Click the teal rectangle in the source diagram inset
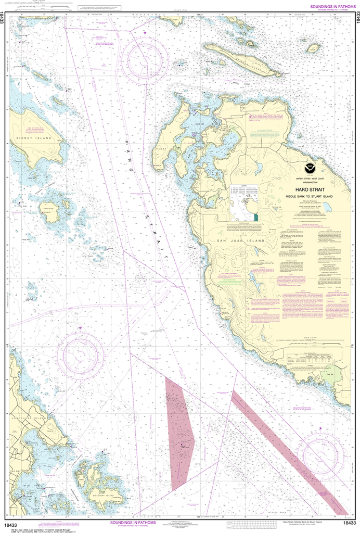[x=256, y=216]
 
